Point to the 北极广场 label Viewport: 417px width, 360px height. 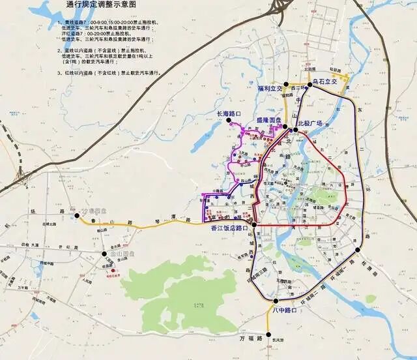coord(310,123)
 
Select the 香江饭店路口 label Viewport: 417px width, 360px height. coord(229,229)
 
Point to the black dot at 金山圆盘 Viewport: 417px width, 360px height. coord(104,254)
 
